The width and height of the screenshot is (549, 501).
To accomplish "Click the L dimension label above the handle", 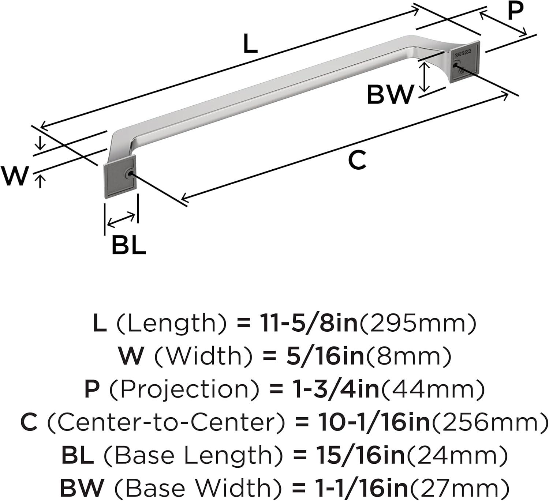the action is coord(250,43).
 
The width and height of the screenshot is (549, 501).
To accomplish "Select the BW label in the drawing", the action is coord(390,94).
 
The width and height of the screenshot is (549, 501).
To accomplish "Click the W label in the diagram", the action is coord(15,176).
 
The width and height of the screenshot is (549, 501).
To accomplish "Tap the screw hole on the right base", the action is coord(455,65).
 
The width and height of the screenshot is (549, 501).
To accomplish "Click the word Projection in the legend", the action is coord(184,390).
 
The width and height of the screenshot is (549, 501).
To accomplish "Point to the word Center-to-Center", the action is coord(165,422).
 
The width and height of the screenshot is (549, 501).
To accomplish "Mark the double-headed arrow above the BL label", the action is coord(121,221).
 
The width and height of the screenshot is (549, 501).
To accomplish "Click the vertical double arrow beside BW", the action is coord(424,76).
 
